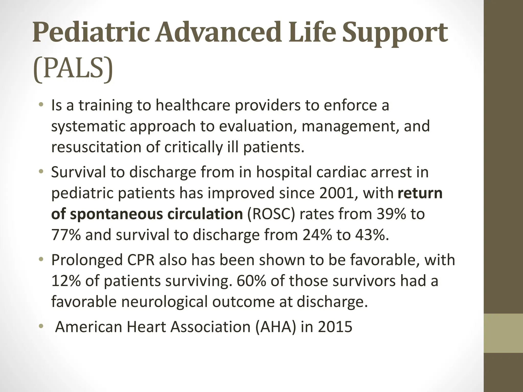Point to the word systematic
[88, 126]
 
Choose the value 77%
[66, 235]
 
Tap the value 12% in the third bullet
[66, 281]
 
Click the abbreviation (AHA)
[276, 327]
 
